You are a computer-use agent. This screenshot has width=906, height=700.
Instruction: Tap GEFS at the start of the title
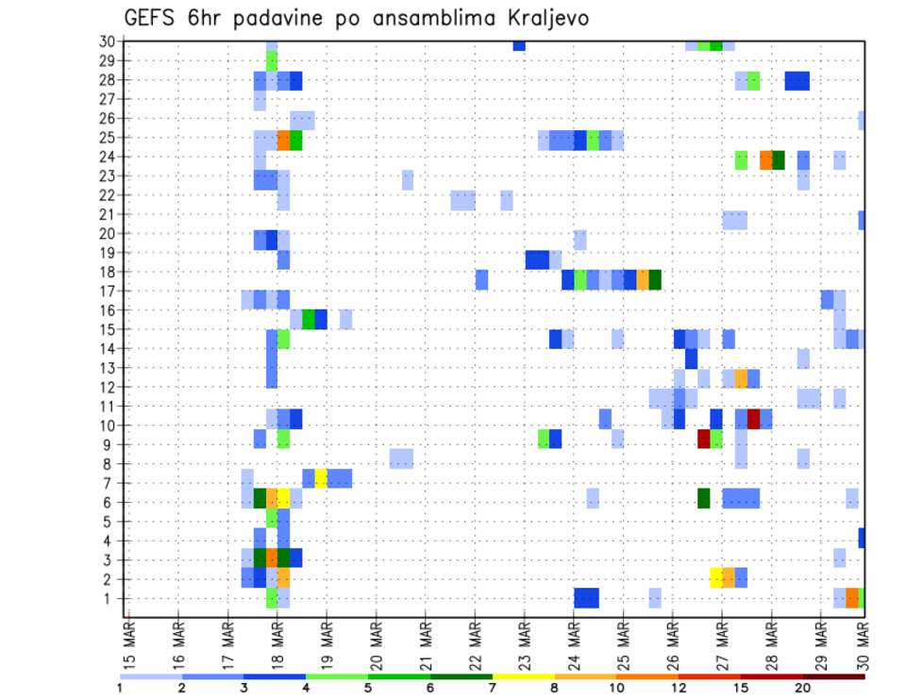click(x=151, y=19)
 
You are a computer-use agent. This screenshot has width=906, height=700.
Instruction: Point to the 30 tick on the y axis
click(x=107, y=42)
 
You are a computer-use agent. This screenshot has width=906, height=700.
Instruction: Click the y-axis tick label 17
click(x=107, y=292)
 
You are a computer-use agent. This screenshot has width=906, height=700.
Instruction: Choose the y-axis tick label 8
click(x=110, y=464)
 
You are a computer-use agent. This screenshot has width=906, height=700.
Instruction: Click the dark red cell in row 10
click(x=753, y=419)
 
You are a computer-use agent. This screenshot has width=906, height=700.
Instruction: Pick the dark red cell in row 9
click(x=703, y=439)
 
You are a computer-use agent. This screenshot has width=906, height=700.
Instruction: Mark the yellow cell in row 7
click(x=321, y=478)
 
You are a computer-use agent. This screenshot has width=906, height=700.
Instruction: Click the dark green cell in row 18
click(x=655, y=279)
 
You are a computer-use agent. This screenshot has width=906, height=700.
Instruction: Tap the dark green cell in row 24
click(x=779, y=159)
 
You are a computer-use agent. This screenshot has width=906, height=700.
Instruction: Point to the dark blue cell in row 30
click(x=518, y=45)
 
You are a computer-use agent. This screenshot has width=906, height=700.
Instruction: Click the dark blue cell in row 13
click(x=691, y=358)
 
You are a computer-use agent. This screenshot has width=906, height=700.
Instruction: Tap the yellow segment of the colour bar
click(x=523, y=676)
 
